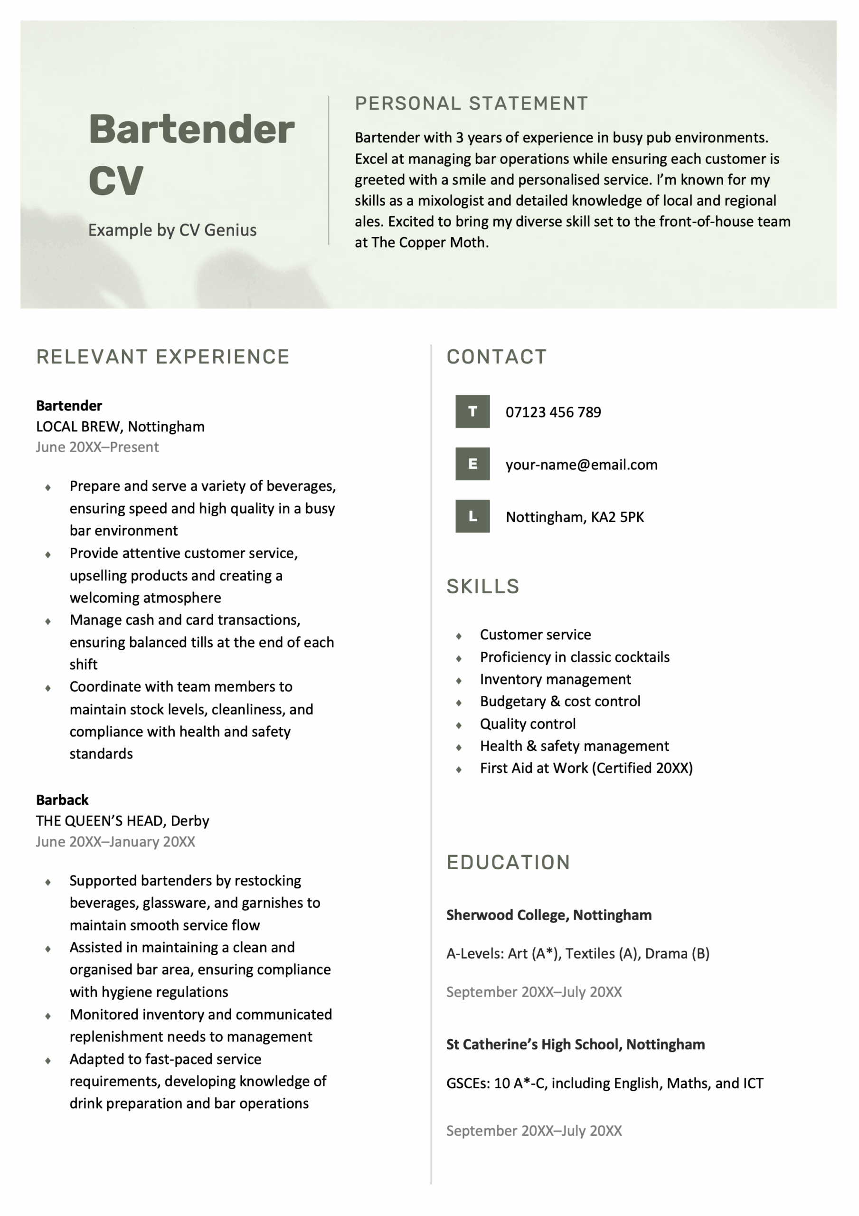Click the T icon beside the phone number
[x=472, y=411]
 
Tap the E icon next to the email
[x=472, y=464]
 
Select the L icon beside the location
[x=472, y=516]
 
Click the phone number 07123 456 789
[x=553, y=412]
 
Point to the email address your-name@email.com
[x=581, y=465]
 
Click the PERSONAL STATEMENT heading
[x=472, y=103]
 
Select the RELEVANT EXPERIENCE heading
[x=162, y=356]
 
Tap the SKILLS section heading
[x=482, y=586]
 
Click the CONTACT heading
[x=496, y=356]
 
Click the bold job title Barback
[x=62, y=800]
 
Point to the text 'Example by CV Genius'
[x=172, y=230]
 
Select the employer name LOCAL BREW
[x=77, y=427]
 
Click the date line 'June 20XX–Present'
[x=97, y=447]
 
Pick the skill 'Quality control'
[x=528, y=723]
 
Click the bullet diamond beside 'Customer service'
[x=459, y=636]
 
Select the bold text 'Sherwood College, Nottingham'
[x=548, y=915]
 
